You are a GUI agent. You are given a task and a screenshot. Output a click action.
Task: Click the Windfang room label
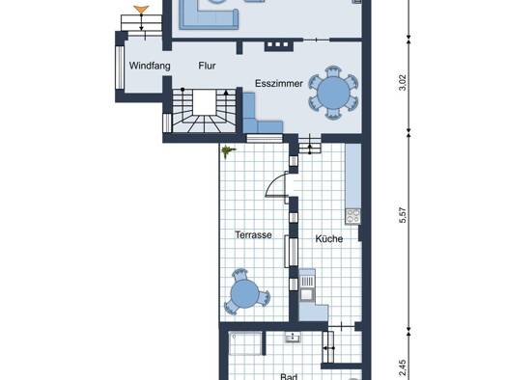click(150, 66)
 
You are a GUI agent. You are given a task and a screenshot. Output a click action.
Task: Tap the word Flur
click(207, 66)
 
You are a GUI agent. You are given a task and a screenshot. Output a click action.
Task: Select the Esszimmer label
click(279, 83)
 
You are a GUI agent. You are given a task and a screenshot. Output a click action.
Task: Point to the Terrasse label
click(253, 234)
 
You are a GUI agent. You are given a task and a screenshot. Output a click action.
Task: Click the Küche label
click(329, 238)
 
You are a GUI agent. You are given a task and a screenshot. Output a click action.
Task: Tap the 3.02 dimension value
click(403, 83)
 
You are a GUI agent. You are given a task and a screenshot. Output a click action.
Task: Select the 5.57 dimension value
click(403, 215)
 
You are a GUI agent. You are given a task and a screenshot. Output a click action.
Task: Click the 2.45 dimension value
click(403, 368)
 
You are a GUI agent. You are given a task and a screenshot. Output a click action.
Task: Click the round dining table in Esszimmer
click(333, 93)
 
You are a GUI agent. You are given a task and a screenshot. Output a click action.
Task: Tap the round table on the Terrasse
click(244, 293)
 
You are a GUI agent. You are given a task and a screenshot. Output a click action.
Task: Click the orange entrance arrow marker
click(141, 10)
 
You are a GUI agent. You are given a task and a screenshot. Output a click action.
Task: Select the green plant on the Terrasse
click(227, 150)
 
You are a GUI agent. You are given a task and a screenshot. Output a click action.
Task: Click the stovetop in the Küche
click(352, 216)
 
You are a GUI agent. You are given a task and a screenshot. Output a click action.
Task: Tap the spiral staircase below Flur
click(204, 111)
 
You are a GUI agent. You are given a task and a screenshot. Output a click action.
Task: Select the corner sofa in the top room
click(209, 16)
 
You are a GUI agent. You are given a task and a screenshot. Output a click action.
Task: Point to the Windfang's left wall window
click(120, 68)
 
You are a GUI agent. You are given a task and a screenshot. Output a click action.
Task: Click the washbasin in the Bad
click(294, 338)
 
